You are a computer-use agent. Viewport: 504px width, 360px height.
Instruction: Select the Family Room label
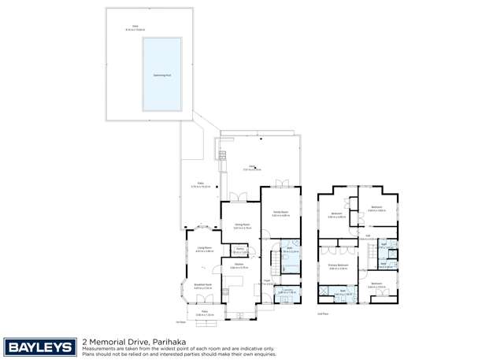[x=280, y=213]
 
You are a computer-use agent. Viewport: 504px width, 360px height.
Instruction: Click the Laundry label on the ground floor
[x=286, y=291]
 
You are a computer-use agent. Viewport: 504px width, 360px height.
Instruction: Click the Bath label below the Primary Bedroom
[x=343, y=291]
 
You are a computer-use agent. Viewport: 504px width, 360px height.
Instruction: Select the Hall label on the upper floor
[x=369, y=235]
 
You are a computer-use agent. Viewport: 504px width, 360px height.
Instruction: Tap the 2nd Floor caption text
[x=322, y=314]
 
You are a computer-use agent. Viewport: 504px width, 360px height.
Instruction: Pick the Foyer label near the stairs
[x=268, y=280]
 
